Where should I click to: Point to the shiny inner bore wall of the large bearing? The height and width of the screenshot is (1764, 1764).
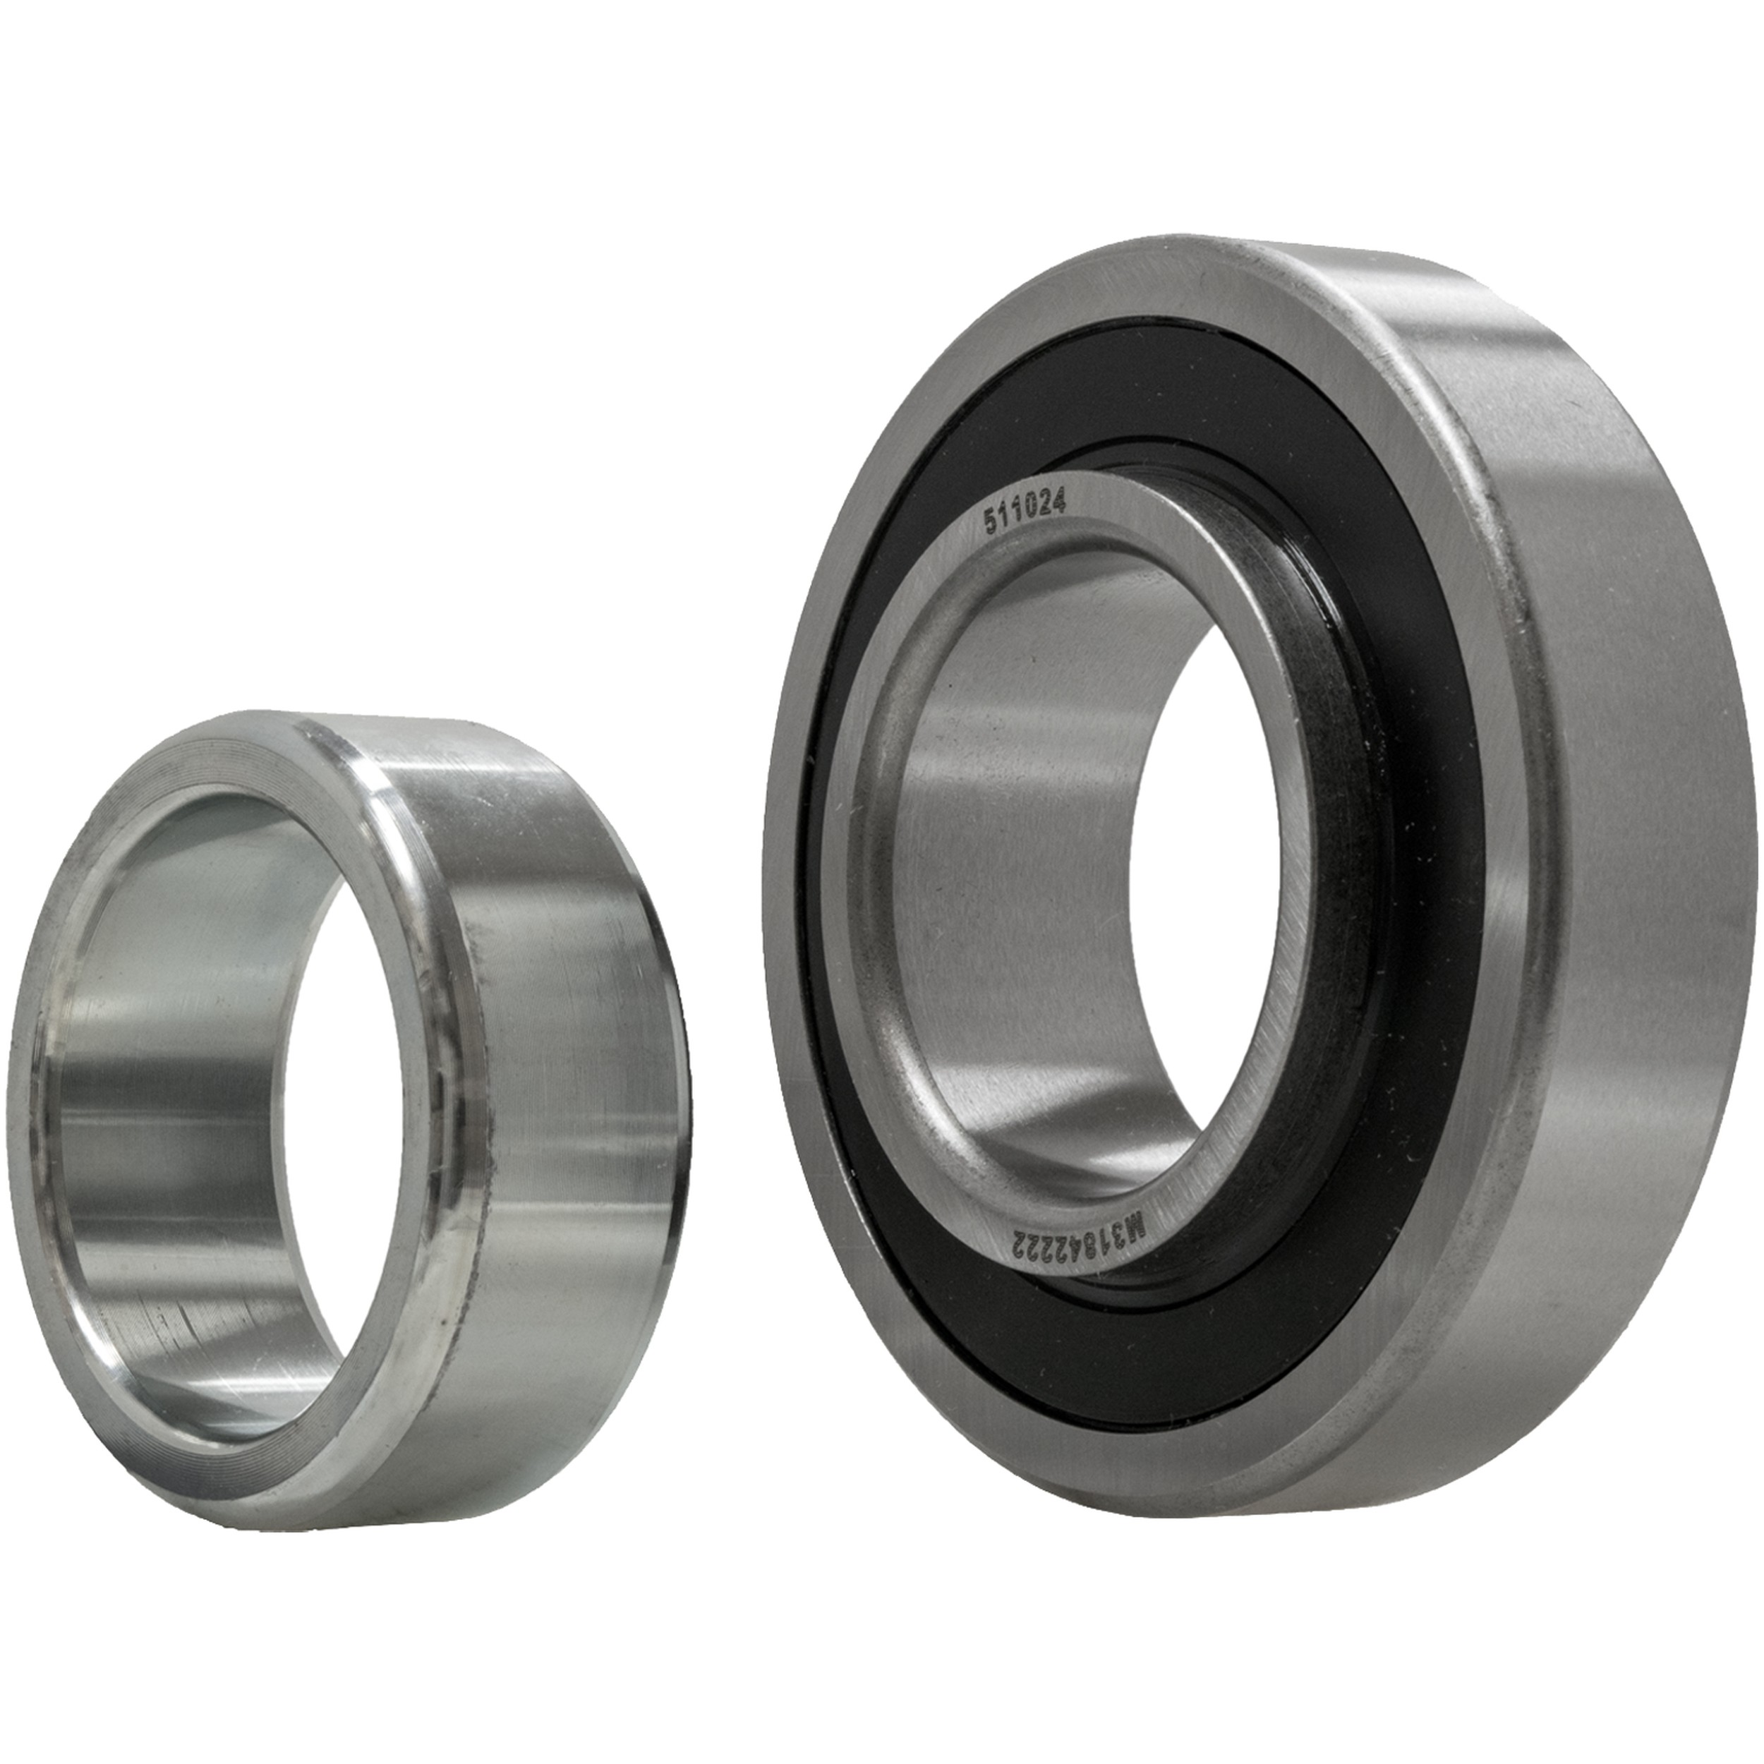click(x=1004, y=867)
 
